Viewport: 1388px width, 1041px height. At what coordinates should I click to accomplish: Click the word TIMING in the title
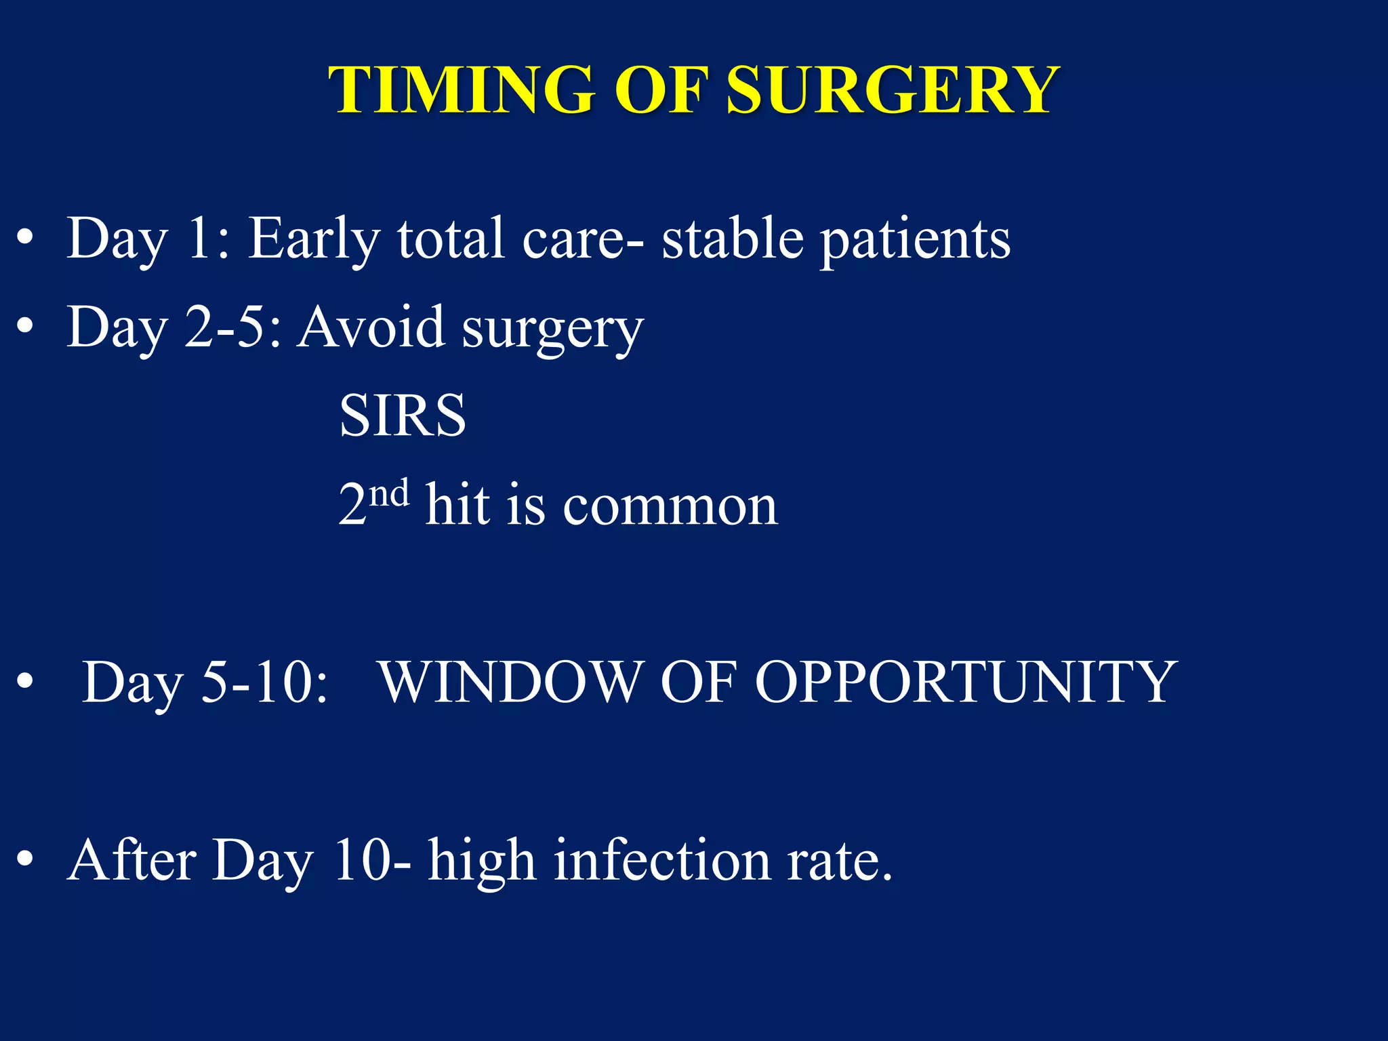461,90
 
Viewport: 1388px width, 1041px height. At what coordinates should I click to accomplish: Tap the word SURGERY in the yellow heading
893,90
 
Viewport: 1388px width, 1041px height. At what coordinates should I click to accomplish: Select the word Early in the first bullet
314,239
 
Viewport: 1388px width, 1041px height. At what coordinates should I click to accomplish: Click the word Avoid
371,327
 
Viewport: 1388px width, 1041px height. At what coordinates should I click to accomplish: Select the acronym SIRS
403,415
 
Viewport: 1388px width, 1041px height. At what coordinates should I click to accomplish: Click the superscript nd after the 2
390,493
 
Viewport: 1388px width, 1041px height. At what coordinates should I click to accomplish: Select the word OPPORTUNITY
965,682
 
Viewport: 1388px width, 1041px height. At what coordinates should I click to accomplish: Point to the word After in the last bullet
132,860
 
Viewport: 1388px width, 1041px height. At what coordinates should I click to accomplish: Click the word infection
662,860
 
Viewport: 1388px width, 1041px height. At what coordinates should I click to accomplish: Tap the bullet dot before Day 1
25,239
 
